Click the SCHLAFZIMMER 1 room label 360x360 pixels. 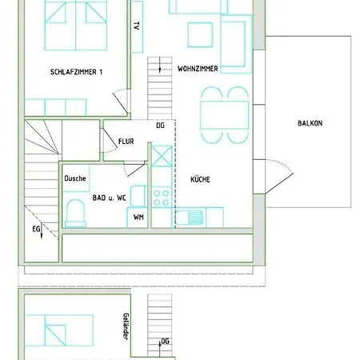(x=77, y=72)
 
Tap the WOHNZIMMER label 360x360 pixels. (x=198, y=70)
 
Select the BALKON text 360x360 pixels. (x=310, y=123)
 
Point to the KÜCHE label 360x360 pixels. (x=200, y=180)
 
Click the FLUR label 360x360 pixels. (x=126, y=142)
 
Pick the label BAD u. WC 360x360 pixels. (x=110, y=197)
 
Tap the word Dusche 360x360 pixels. (x=75, y=178)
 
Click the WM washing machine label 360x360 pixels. (x=138, y=217)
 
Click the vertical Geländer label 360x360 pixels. (x=126, y=326)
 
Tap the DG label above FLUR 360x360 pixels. (x=160, y=126)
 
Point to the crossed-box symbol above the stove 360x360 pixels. (x=161, y=155)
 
